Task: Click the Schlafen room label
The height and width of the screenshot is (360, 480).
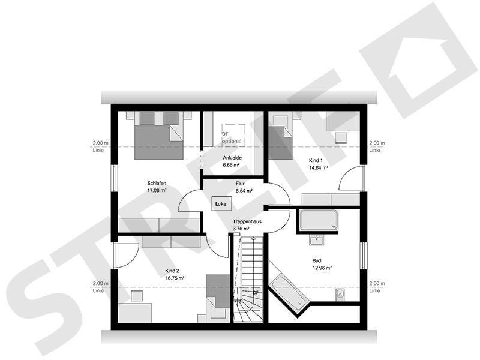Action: click(156, 183)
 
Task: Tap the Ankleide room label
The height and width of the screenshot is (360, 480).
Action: click(232, 157)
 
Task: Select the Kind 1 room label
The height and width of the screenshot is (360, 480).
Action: click(316, 161)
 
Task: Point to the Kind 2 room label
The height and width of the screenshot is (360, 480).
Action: click(173, 271)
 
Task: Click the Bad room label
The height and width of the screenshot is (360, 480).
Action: click(316, 260)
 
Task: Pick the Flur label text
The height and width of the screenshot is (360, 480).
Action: click(240, 184)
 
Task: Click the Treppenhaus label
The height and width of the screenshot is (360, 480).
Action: click(247, 221)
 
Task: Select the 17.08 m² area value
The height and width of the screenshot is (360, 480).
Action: click(156, 191)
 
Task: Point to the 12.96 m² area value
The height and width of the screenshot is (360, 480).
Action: click(322, 268)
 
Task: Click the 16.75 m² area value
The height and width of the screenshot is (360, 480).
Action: click(175, 278)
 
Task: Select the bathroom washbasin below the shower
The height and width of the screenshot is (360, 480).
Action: click(317, 240)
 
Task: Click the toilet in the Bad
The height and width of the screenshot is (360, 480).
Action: click(340, 295)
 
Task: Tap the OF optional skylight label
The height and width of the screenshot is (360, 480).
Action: click(232, 137)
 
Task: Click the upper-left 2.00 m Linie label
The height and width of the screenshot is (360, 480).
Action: click(99, 146)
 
